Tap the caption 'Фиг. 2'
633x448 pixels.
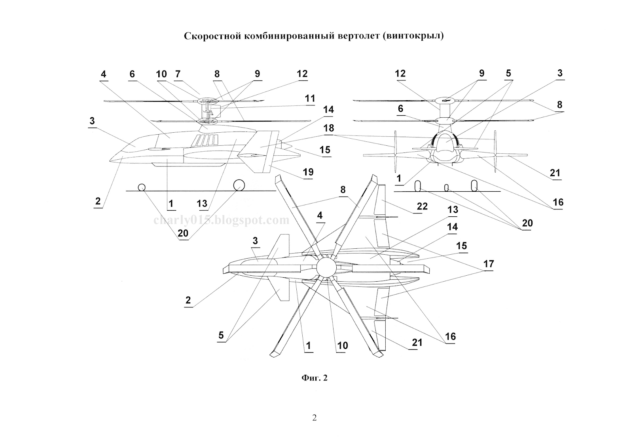315,378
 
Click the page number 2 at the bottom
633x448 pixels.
315,417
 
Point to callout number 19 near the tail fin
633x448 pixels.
308,172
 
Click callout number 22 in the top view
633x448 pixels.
422,206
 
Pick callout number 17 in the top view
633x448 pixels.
488,263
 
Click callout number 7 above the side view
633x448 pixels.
178,74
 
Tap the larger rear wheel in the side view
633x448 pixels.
239,185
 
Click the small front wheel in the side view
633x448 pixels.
141,187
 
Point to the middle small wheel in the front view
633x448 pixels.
447,188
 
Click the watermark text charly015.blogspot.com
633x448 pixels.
222,220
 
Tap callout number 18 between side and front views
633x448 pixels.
328,128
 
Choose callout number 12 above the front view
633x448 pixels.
400,74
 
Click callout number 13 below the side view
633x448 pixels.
202,204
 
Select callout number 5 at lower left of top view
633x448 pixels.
221,336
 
